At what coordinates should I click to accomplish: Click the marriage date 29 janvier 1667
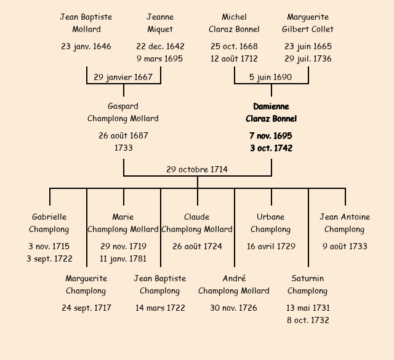pos(123,78)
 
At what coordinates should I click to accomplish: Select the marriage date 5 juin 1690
pos(271,78)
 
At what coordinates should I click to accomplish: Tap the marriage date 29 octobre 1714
pos(197,169)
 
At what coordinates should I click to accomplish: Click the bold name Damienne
pos(271,106)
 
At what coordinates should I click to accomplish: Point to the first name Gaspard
pos(123,106)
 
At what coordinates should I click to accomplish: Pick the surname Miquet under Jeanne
pos(160,29)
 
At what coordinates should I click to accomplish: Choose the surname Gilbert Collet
pos(308,29)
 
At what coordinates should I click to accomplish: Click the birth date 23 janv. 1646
pos(86,46)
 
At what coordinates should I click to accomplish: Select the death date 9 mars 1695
pos(160,59)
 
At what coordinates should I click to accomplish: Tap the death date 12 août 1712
pos(234,59)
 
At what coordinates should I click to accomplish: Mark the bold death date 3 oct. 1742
pos(271,148)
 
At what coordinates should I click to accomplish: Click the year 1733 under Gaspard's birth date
pos(123,148)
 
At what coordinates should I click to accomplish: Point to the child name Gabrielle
pos(49,217)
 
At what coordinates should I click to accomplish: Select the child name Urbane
pos(271,217)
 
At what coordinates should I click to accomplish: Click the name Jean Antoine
pos(345,217)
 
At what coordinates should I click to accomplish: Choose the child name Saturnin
pos(308,279)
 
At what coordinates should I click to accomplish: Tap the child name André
pos(234,279)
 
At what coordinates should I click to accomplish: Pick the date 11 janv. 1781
pos(123,259)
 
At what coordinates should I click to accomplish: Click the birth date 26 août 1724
pos(197,246)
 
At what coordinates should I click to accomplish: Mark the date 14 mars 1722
pos(160,308)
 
